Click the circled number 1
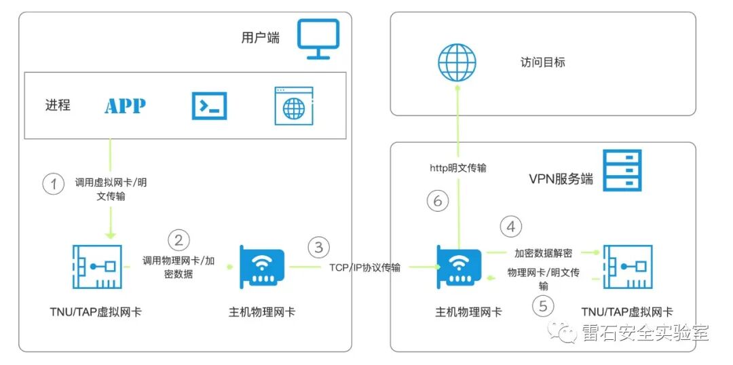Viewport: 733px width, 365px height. [53, 185]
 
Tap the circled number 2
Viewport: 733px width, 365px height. [178, 239]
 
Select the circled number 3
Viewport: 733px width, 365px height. [319, 247]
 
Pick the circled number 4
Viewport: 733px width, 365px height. [511, 226]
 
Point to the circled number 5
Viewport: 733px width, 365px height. [542, 307]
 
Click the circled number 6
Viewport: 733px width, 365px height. [438, 201]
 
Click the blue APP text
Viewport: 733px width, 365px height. [125, 107]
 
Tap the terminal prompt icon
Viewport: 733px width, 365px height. [210, 106]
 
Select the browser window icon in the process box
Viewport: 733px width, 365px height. [293, 106]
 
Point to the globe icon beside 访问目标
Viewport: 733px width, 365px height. [457, 62]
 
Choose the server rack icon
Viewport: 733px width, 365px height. [622, 170]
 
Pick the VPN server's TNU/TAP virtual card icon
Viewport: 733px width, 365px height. [627, 268]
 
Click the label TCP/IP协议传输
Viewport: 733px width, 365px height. [364, 268]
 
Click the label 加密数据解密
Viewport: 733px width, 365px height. [543, 253]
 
